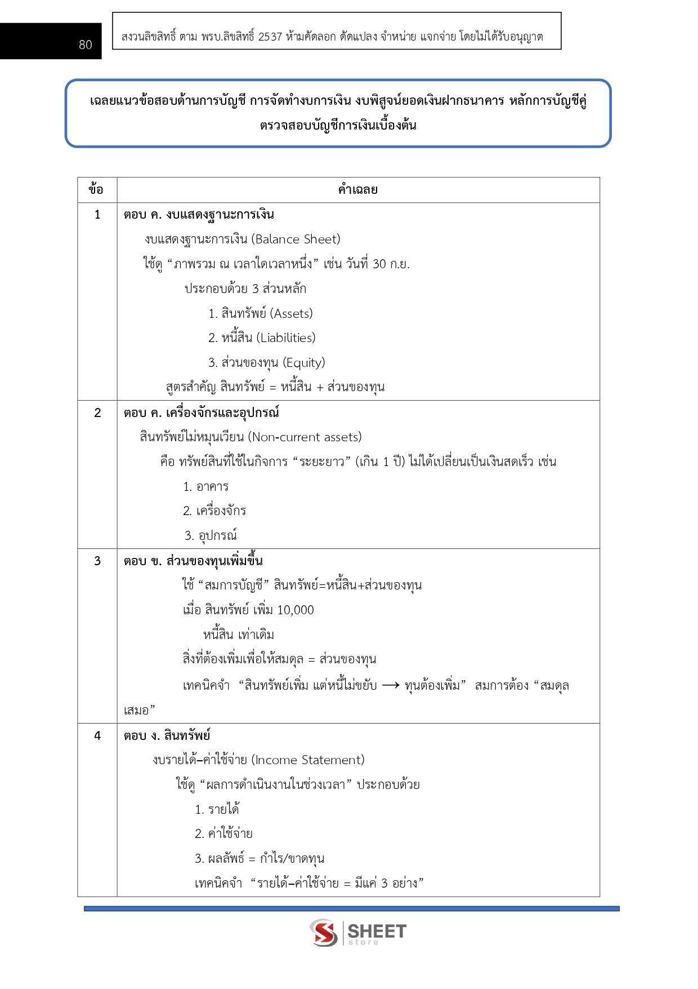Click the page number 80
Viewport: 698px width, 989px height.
coord(86,45)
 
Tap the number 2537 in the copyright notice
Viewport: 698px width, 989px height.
coord(270,37)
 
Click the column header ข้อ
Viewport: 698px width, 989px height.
coord(96,190)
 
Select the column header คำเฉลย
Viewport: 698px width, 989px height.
coord(358,190)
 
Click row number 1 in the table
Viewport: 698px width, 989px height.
coord(97,215)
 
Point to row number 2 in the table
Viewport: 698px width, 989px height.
coord(97,413)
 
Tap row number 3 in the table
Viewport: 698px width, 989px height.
coord(97,561)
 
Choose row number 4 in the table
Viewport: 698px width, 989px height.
coord(97,736)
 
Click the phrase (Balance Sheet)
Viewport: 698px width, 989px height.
coord(296,240)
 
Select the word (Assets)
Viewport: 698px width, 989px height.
coord(292,314)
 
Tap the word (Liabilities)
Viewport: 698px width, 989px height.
coord(286,338)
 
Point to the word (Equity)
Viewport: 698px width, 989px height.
coord(304,363)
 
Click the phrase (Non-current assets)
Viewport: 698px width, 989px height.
coord(305,437)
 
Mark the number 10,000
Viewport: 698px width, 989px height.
coord(296,610)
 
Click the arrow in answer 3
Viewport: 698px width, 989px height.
coord(391,686)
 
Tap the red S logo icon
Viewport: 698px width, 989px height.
coord(324,933)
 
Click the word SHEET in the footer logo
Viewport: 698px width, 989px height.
coord(377,931)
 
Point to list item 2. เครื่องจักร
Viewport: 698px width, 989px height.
coord(214,511)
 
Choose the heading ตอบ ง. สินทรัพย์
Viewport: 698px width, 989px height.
coord(167,736)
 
